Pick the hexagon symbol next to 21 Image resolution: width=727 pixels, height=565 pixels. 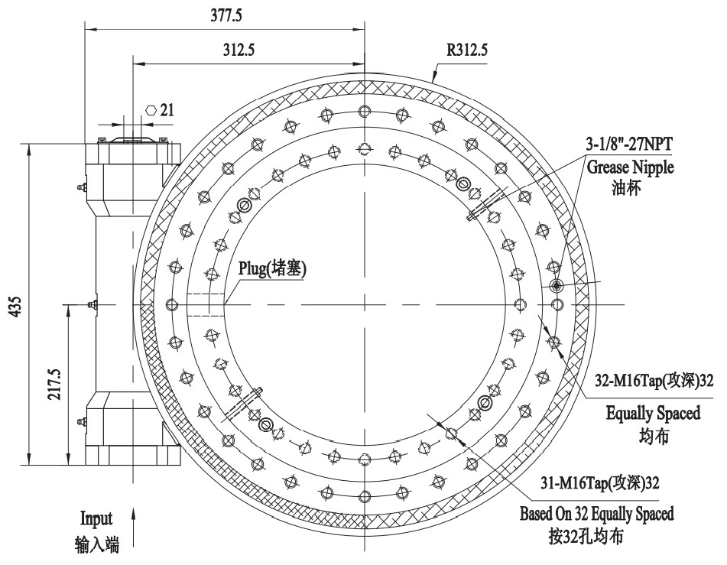(x=151, y=109)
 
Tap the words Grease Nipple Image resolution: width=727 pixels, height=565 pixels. (x=631, y=167)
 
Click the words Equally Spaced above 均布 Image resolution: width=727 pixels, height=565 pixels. (x=653, y=414)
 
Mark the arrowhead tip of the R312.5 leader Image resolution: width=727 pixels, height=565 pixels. (x=433, y=81)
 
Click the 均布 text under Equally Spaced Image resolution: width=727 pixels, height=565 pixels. (x=652, y=437)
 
